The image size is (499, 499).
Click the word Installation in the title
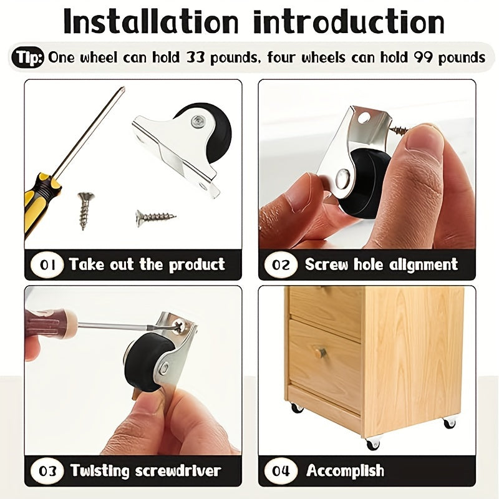click(151, 22)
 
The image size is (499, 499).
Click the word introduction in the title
click(349, 22)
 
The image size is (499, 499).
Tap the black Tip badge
click(27, 57)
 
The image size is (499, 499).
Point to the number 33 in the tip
click(195, 57)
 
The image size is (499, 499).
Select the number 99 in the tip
click(424, 57)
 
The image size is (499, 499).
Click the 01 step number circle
click(47, 264)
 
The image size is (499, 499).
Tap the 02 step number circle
click(281, 264)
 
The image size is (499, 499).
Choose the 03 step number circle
click(47, 471)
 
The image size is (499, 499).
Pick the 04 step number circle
click(281, 471)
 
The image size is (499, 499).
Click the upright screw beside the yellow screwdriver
click(85, 210)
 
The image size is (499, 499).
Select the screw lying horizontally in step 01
click(155, 218)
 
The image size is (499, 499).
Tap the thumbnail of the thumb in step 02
click(424, 139)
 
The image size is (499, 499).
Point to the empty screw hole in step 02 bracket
click(364, 118)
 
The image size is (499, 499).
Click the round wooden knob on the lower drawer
click(320, 352)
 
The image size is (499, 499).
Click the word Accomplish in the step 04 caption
click(346, 471)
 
